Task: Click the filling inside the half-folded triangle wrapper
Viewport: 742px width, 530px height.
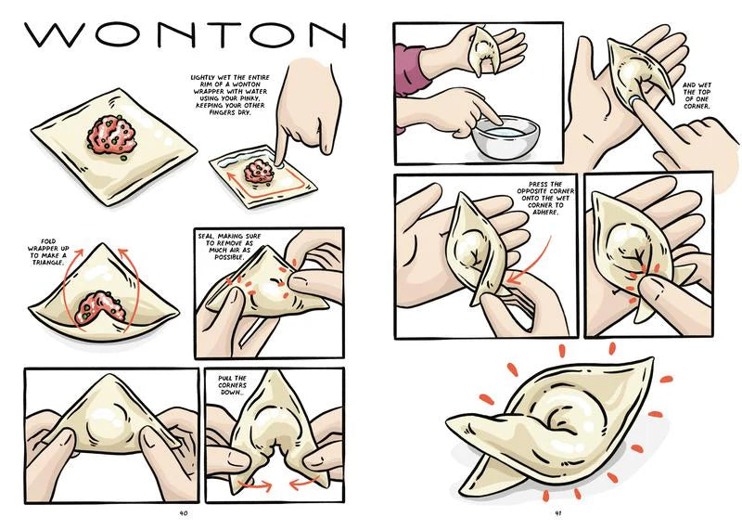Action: click(102, 308)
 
